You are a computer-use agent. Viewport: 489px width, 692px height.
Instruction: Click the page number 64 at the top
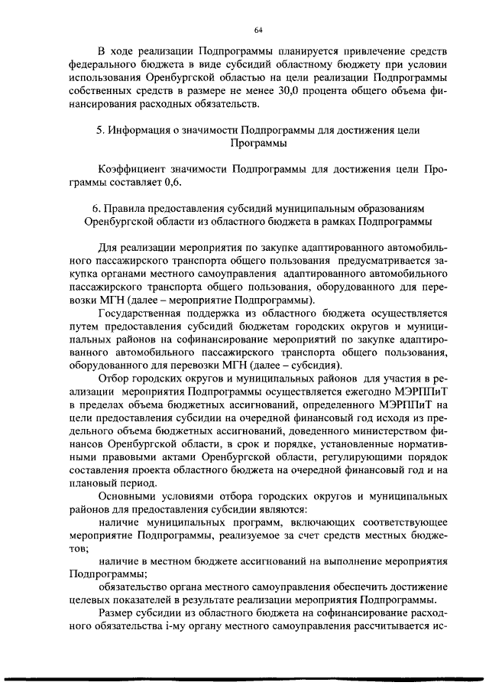[x=257, y=30]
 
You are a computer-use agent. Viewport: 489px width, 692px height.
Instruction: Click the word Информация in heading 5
[x=143, y=130]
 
